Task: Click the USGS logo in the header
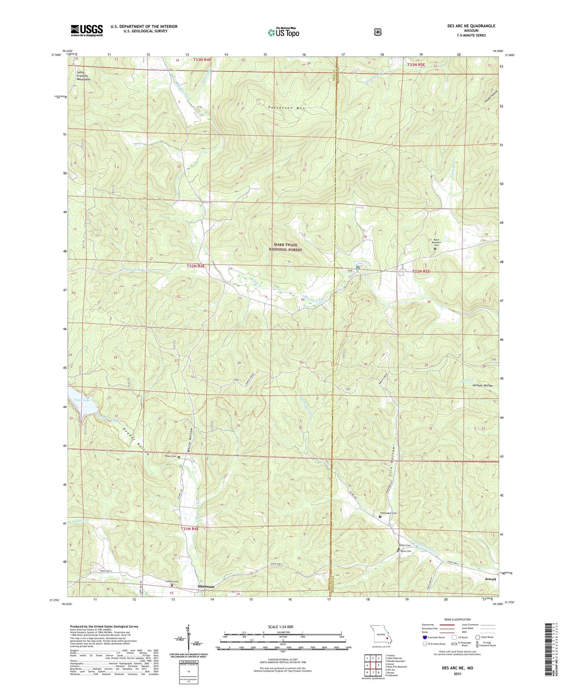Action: (87, 30)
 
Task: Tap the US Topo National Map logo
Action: (283, 32)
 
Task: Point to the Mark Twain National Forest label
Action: (286, 247)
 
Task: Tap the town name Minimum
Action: (206, 586)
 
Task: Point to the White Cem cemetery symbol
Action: (179, 457)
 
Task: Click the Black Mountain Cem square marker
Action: (435, 249)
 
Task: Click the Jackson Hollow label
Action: (482, 385)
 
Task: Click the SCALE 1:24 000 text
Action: (280, 627)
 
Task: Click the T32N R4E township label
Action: (196, 266)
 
